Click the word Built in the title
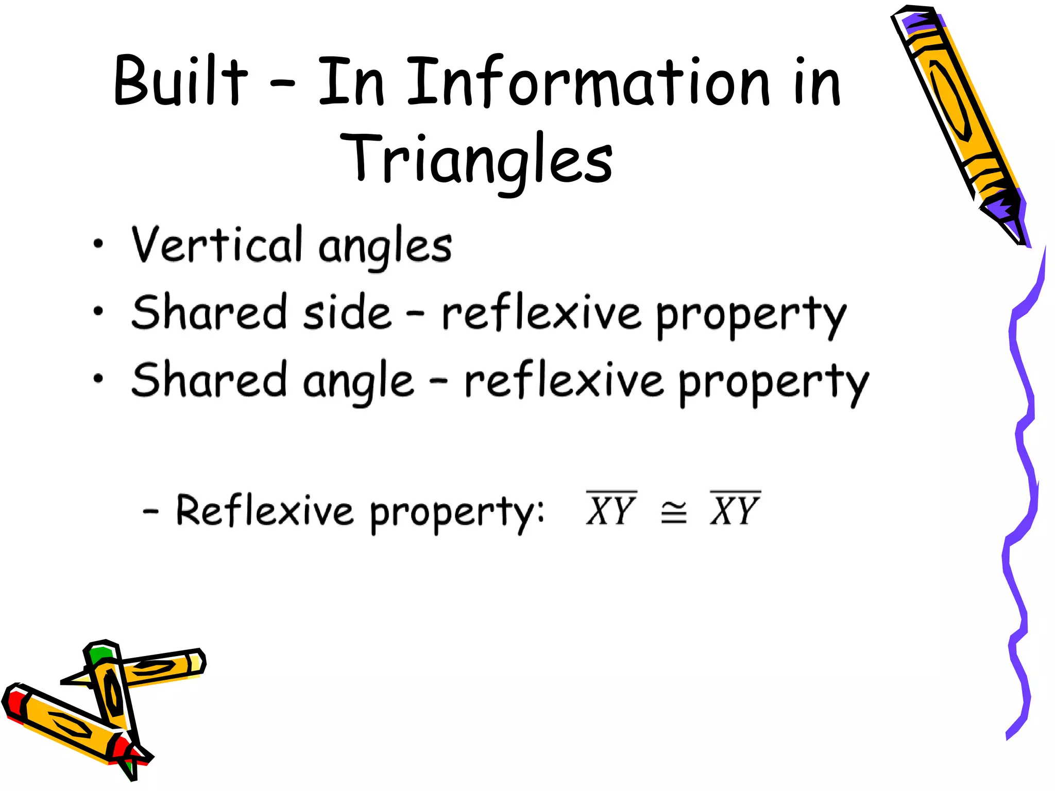(x=180, y=81)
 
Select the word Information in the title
(x=587, y=82)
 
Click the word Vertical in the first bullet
(x=216, y=245)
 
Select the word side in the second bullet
(x=347, y=312)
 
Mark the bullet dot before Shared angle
(x=98, y=379)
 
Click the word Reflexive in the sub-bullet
(x=264, y=510)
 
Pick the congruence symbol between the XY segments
(x=673, y=512)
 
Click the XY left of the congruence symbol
(x=611, y=510)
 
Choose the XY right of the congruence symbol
(x=735, y=510)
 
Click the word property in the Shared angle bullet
(x=774, y=383)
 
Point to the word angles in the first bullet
(x=385, y=247)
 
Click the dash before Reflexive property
(x=150, y=511)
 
